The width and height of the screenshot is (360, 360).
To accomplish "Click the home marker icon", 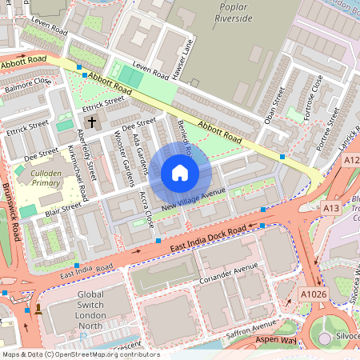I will tap(180, 173).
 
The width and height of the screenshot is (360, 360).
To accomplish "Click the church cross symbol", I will tap(92, 122).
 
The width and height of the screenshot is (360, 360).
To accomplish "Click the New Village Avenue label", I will tap(193, 201).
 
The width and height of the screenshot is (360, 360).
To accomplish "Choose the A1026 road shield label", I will tap(314, 294).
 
